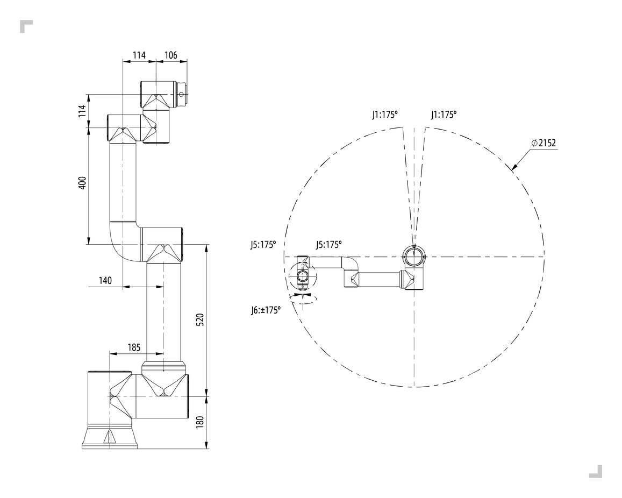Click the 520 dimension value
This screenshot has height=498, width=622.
tap(201, 319)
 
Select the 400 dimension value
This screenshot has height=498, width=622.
tap(82, 182)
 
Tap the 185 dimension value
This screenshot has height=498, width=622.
tap(134, 347)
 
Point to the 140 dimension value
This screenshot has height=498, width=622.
tap(105, 281)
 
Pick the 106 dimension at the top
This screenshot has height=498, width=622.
tap(170, 55)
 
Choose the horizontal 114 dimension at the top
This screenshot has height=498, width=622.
tap(139, 55)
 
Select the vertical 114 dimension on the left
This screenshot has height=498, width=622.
tap(82, 111)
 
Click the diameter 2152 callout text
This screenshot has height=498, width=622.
tap(544, 143)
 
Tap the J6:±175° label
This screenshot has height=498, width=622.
tap(266, 310)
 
